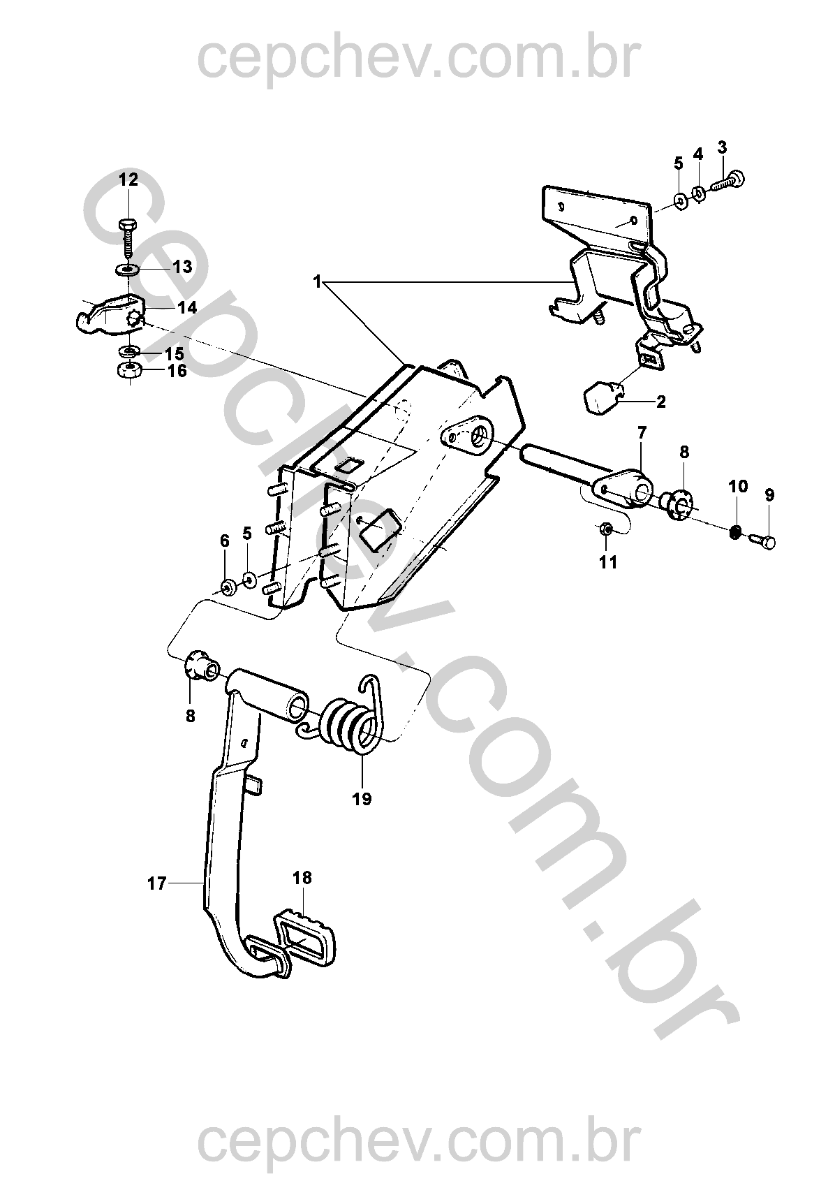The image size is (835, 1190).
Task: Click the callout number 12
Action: click(128, 179)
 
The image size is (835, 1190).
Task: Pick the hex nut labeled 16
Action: click(128, 369)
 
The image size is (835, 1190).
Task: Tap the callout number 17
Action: click(156, 883)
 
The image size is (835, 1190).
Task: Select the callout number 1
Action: click(317, 282)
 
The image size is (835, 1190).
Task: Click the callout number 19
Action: click(362, 798)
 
